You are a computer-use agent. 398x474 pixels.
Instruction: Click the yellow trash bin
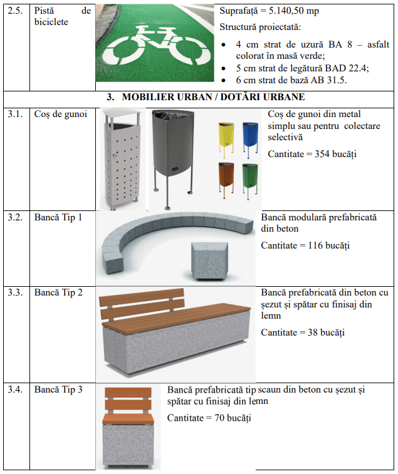point(226,139)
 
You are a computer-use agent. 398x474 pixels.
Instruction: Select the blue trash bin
point(250,139)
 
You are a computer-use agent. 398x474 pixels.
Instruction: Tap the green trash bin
point(250,180)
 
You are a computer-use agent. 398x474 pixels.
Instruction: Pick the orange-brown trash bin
point(226,180)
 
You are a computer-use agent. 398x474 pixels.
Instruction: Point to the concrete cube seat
point(209,260)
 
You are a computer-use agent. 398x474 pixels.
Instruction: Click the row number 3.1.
point(15,114)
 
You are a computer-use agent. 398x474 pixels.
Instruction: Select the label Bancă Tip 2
point(58,292)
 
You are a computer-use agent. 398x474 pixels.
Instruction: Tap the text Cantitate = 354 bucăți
point(312,154)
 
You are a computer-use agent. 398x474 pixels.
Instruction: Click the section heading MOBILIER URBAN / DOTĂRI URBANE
point(213,96)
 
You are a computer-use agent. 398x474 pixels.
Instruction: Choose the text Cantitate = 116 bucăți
point(305,245)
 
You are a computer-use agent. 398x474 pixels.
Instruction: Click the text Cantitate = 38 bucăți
point(303,332)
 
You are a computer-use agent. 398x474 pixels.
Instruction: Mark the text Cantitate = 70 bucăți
point(209,418)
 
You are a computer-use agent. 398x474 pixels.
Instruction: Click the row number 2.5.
point(15,11)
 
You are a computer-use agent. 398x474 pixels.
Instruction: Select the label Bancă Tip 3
point(58,389)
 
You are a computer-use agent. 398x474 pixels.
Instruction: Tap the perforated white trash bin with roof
point(122,159)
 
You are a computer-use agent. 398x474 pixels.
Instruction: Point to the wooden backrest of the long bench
point(142,304)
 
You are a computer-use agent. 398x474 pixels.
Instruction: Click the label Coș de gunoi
point(61,114)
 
